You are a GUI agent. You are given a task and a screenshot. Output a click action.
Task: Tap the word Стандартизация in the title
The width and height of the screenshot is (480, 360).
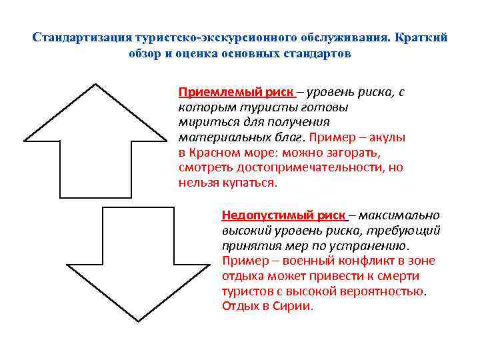(x=73, y=37)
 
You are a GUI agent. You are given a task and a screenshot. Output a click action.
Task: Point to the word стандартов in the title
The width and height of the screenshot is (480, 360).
(x=317, y=53)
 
